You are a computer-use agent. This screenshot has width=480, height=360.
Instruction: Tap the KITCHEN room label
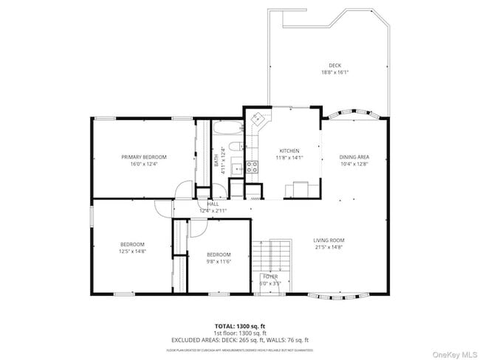point(288,150)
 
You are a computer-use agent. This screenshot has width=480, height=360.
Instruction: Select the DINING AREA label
point(354,157)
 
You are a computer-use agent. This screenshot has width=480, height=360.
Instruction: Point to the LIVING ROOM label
point(329,240)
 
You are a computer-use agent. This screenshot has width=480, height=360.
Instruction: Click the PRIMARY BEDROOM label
point(144,156)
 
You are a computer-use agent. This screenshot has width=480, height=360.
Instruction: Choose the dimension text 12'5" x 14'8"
point(133,252)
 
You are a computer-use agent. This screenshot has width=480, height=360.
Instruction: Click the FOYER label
point(270,276)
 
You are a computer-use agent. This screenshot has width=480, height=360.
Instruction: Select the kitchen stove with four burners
point(252,167)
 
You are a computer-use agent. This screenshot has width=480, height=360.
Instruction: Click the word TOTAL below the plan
point(226,325)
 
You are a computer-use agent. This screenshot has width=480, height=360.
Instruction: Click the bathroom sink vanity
point(236,169)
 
